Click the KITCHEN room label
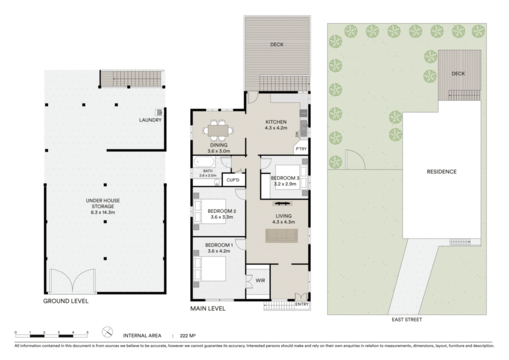(x=276, y=122)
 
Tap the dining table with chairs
(x=218, y=130)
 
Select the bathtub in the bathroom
(x=204, y=162)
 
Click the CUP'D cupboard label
(x=233, y=180)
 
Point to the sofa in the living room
(x=281, y=236)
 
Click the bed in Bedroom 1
(x=210, y=269)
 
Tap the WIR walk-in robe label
(x=260, y=280)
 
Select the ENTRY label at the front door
(x=302, y=304)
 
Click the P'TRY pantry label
(x=301, y=149)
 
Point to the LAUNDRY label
(x=150, y=120)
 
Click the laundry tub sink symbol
(x=160, y=112)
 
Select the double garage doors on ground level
(x=73, y=281)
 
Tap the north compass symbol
(x=107, y=332)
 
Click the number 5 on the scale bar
(x=87, y=333)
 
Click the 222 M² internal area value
(x=187, y=336)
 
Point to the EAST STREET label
(x=407, y=319)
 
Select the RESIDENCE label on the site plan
(x=441, y=172)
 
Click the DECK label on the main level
(x=277, y=44)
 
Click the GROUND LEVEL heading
(x=66, y=301)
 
